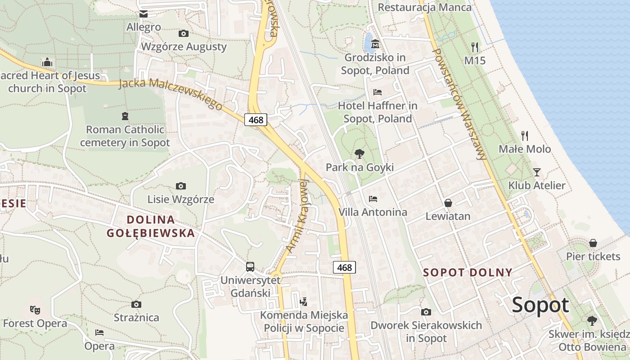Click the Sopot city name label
point(540,305)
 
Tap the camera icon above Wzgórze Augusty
point(183,33)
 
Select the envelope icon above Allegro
point(144,14)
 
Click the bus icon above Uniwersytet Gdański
point(250,267)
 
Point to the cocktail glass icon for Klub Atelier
point(536,172)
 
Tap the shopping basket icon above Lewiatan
point(448,203)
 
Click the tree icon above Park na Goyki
point(359,154)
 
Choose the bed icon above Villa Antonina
point(373,198)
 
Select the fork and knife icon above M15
point(475,46)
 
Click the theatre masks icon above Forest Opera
point(35,310)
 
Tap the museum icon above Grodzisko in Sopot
point(375,44)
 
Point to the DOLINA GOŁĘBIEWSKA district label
point(151,226)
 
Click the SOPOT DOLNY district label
point(468,272)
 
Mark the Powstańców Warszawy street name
point(459,103)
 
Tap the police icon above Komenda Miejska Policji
point(304,301)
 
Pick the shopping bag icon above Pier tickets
point(593,243)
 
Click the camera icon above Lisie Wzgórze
point(181,186)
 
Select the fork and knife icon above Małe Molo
point(524,135)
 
